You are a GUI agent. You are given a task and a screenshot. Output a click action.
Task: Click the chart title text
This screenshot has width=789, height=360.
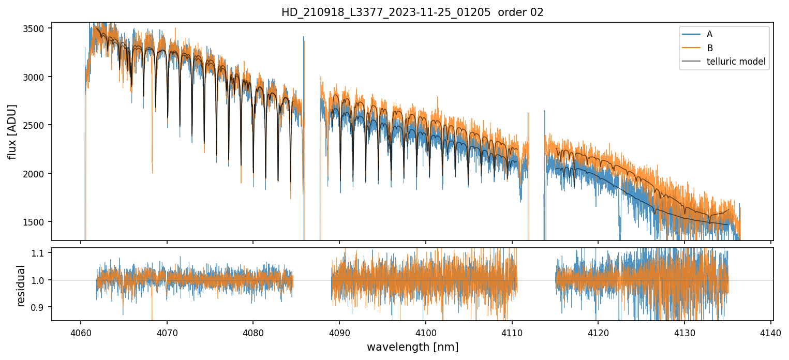(412, 12)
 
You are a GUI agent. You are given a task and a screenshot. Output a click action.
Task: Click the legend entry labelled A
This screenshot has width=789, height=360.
(709, 34)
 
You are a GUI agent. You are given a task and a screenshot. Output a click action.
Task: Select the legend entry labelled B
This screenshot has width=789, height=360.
(709, 48)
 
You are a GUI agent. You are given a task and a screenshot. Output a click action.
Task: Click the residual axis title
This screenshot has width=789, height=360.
(21, 286)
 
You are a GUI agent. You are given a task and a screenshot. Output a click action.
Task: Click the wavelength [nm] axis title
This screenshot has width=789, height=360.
(412, 347)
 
